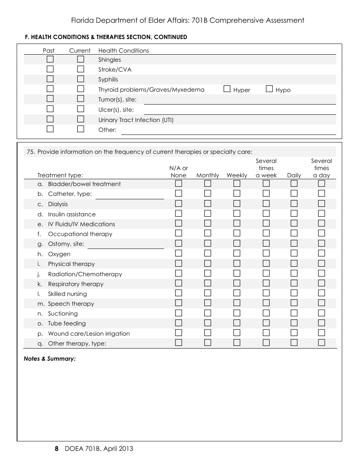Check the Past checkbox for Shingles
[x=50, y=59]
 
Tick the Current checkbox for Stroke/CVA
[x=80, y=69]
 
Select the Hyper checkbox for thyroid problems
[x=227, y=89]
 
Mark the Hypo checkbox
[x=269, y=89]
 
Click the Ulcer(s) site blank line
[x=239, y=110]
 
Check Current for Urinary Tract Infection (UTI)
[x=80, y=119]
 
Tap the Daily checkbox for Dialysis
[x=294, y=203]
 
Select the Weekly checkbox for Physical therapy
[x=237, y=263]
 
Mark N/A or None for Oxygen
[x=178, y=253]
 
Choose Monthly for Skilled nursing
[x=208, y=293]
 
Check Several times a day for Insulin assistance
[x=321, y=213]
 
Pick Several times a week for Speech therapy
[x=266, y=303]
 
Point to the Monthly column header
[x=208, y=175]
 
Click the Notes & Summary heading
[x=50, y=359]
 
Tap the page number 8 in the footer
[x=56, y=449]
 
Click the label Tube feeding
[x=67, y=324]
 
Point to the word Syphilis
[x=108, y=80]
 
